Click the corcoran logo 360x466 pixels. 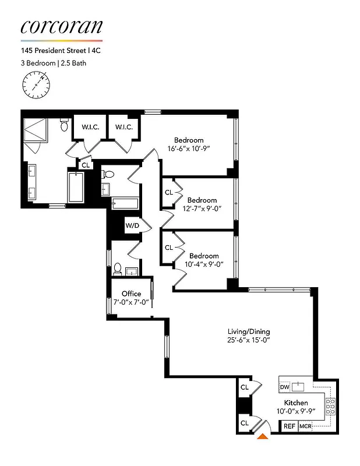62,27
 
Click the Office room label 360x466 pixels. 131,294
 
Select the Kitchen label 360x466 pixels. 296,403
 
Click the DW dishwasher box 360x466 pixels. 284,387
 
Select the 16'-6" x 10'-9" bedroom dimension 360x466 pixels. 189,149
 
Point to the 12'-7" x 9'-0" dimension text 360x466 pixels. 202,209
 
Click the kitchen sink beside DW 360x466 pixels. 299,386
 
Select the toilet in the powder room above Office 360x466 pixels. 118,269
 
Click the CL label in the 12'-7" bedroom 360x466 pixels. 169,192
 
